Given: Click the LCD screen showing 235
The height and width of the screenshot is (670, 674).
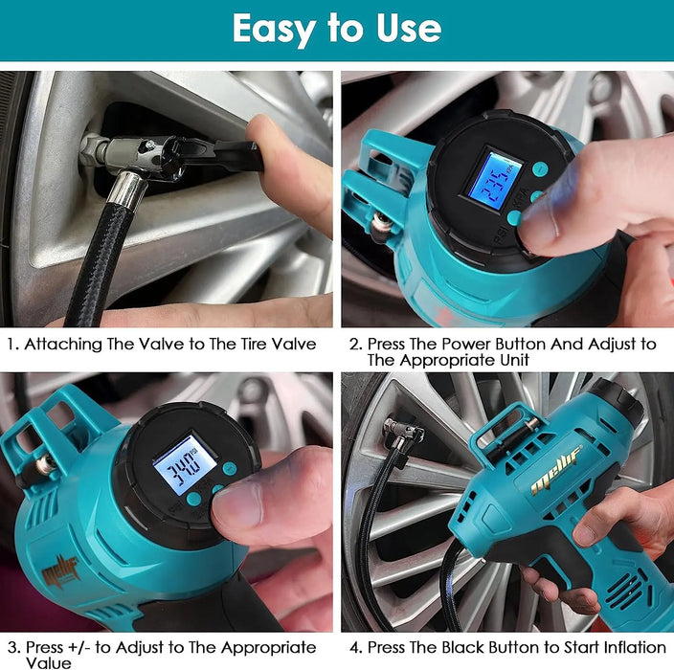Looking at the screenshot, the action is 495,181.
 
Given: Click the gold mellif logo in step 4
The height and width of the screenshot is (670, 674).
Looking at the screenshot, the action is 556,470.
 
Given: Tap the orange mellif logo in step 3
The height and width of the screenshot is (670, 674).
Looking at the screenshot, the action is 60,571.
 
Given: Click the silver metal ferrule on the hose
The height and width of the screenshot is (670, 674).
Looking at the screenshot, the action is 126,190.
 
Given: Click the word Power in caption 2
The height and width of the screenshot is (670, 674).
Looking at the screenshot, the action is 466,345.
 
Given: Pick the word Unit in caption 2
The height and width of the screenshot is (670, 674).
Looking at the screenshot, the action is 514,360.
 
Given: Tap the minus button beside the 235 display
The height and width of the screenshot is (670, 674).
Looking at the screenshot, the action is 540,168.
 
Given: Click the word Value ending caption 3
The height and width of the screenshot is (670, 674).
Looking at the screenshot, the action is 49,662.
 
